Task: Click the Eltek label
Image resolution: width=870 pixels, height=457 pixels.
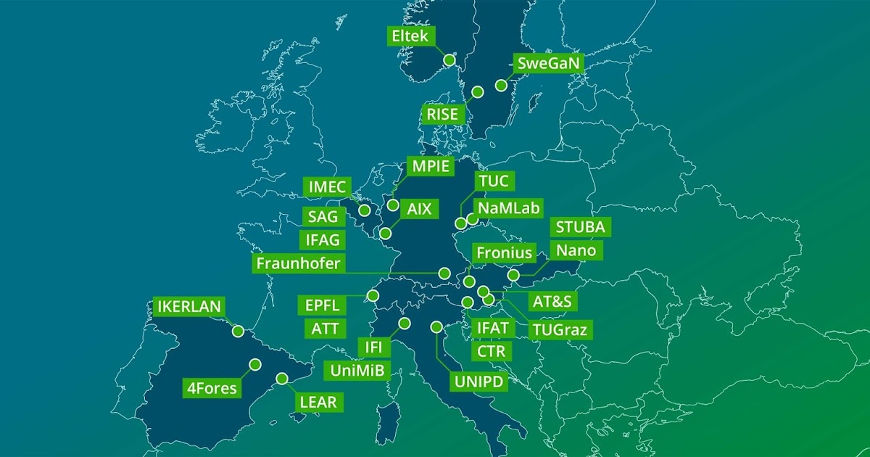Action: coord(411,36)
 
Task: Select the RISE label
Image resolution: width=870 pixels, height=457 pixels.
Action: coord(442,114)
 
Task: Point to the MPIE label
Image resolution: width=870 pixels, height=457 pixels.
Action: coord(431,166)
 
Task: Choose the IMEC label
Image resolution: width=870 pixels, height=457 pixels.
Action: coord(327,186)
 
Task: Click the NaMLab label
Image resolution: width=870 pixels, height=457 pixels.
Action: coord(510,208)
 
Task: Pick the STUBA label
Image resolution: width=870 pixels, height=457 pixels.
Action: coord(580,226)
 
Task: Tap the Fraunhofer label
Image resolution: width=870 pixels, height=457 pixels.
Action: coord(298,263)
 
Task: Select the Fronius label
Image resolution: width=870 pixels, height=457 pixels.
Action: coord(505,254)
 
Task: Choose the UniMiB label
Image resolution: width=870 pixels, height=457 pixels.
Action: coord(356,371)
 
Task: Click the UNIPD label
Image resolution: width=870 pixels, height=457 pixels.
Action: coord(479,381)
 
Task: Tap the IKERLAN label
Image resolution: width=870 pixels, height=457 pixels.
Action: coord(189,306)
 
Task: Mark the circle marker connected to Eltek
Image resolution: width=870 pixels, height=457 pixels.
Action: coord(449,59)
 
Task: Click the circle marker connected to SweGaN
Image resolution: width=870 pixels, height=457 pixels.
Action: coord(501,85)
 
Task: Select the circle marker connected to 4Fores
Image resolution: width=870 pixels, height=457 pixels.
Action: coord(254,364)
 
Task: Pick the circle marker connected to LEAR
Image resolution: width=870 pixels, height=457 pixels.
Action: coord(282,378)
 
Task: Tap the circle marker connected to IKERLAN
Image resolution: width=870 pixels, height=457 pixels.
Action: coord(238,331)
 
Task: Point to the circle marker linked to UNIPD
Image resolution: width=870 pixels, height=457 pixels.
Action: coord(436,327)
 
